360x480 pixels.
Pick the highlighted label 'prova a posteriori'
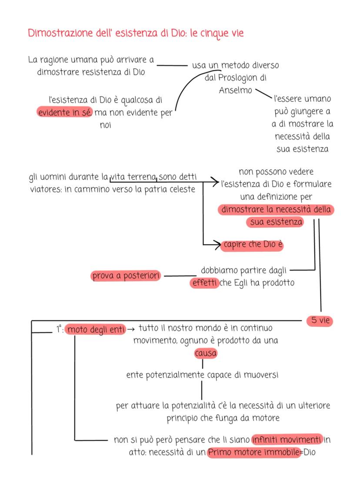click(x=126, y=276)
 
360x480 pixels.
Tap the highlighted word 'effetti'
click(x=204, y=283)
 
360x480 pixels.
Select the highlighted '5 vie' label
click(x=320, y=321)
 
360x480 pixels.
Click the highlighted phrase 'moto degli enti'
click(x=96, y=330)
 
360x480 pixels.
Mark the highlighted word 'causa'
click(x=206, y=353)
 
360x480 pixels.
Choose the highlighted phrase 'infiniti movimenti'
click(x=287, y=439)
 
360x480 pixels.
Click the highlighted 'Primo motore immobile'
click(x=254, y=452)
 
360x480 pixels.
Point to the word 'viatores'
click(x=45, y=190)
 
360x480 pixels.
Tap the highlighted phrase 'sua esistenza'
click(x=275, y=222)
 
